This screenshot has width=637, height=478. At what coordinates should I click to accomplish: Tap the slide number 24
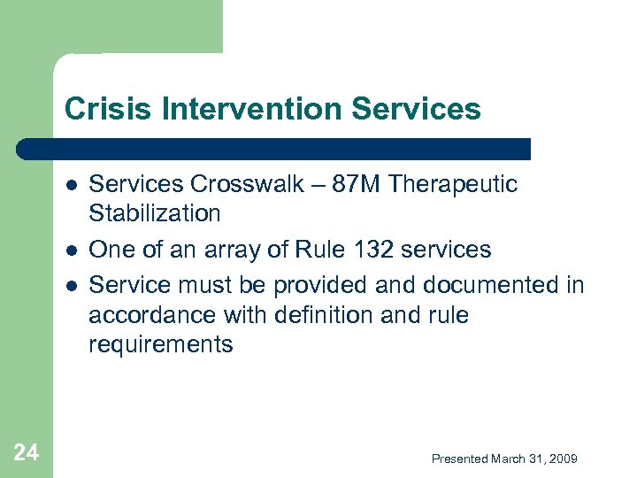[x=27, y=454]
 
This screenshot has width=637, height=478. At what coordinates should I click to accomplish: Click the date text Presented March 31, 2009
[x=503, y=459]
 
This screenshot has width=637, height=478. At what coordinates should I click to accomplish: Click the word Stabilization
[x=154, y=213]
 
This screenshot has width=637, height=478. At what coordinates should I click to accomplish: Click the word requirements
[x=160, y=345]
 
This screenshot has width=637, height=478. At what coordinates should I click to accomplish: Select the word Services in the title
[x=416, y=109]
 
